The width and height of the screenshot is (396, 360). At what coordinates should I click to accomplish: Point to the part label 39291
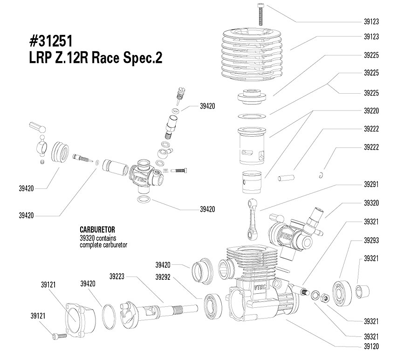[x=371, y=184]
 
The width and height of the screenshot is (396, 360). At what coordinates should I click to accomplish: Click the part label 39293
[x=371, y=240]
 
